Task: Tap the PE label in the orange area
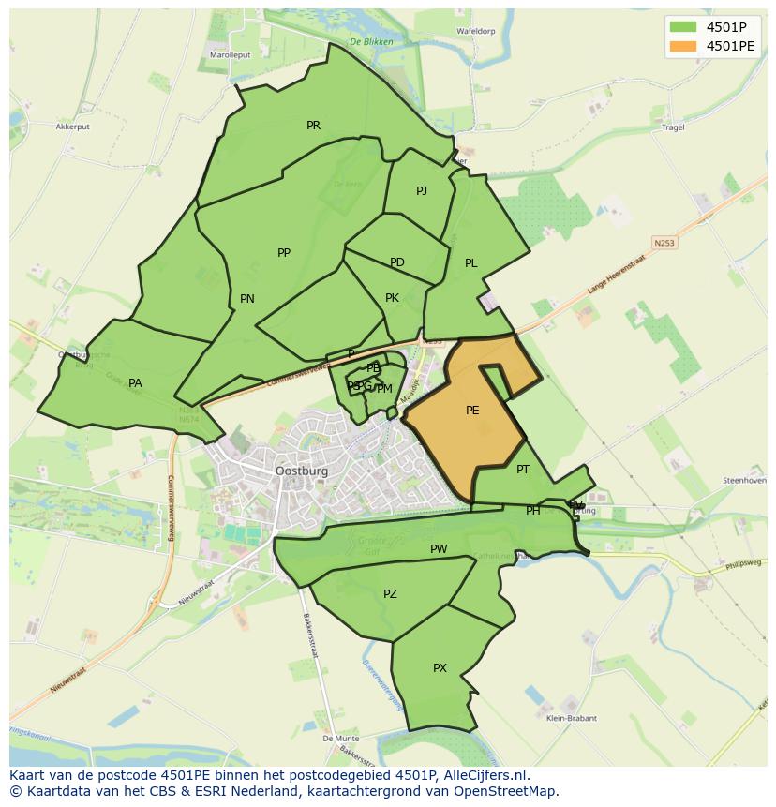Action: tap(472, 411)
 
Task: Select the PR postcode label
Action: tap(313, 126)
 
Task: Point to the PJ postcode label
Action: tap(422, 191)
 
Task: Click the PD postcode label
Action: tap(397, 262)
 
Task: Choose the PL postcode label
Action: tap(471, 263)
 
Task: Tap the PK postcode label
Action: tap(392, 298)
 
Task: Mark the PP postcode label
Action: tap(284, 253)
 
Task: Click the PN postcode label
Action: tap(247, 299)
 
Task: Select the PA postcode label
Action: tap(135, 383)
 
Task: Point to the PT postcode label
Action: tap(523, 470)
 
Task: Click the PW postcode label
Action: tap(439, 549)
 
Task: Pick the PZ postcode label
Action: tap(390, 594)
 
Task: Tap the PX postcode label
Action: tap(440, 668)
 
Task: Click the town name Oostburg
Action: tap(302, 471)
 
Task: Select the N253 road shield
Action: tap(664, 243)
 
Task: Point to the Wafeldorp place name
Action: tap(475, 31)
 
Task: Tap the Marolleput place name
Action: tap(230, 55)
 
